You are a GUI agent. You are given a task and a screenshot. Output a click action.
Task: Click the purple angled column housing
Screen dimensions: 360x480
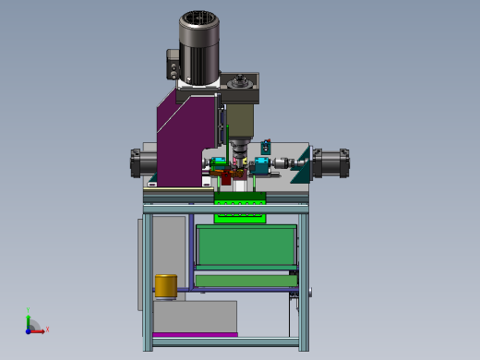click(x=185, y=134)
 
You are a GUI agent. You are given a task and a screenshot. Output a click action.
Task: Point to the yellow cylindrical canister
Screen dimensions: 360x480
click(x=165, y=286)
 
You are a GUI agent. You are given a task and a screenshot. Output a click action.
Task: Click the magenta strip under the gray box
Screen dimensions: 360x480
click(x=194, y=334)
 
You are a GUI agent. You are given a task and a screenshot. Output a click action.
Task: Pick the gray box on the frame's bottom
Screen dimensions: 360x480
click(x=194, y=316)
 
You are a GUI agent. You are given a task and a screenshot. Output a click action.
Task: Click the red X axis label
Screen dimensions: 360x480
click(x=47, y=329)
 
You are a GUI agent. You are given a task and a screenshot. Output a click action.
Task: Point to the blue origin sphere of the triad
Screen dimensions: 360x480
click(x=30, y=329)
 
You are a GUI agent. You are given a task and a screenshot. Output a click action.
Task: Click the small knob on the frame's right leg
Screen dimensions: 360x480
click(x=312, y=294)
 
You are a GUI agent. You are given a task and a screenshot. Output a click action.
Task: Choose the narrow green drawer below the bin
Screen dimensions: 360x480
click(x=245, y=280)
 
